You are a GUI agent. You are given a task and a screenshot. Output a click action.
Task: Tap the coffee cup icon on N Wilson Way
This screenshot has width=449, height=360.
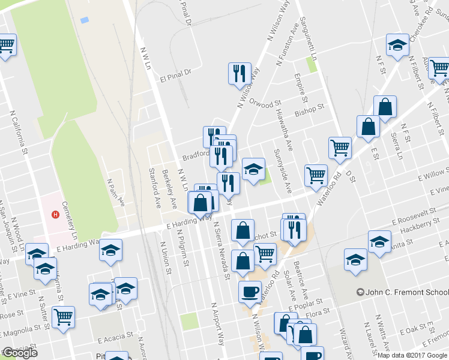point(250,292)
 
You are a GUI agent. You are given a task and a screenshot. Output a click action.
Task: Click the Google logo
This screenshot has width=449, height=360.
point(20,353)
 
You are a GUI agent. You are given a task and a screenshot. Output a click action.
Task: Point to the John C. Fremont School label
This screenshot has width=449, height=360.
point(402,292)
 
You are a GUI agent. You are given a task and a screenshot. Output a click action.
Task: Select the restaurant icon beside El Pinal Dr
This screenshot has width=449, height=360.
point(240,73)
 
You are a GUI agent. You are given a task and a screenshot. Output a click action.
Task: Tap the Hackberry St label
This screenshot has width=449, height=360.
point(415,225)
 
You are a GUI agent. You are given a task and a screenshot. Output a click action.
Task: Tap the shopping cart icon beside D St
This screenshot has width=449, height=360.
point(340,148)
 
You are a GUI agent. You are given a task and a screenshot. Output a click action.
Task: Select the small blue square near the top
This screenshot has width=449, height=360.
point(84,20)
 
